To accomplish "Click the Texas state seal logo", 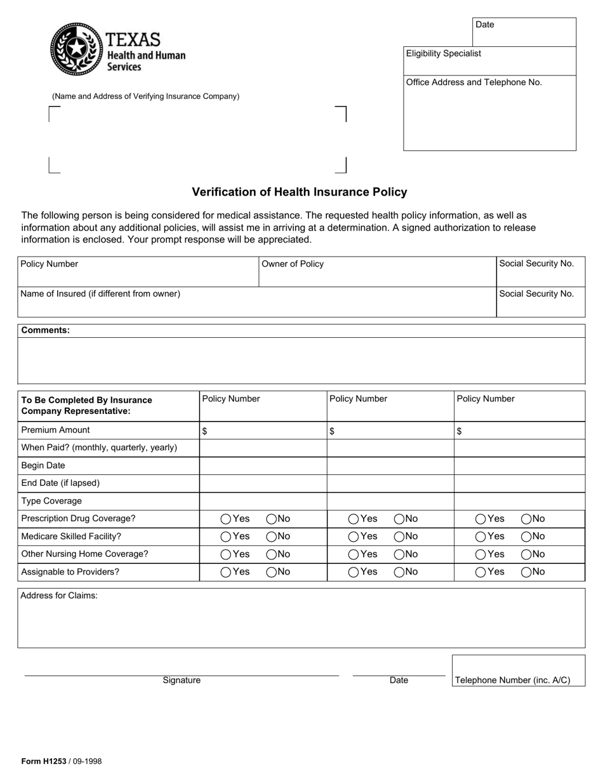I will pos(76,49).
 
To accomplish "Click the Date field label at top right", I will pos(484,25).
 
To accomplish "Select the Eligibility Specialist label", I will pos(443,53).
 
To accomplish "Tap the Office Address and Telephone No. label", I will pos(474,83).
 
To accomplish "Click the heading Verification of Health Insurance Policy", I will pos(300,192).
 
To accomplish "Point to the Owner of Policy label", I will pos(293,264).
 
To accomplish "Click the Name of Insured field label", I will pos(100,294).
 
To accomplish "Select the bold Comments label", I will pos(45,330).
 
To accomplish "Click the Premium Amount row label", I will pos(56,430).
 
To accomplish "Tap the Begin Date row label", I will pos(43,465).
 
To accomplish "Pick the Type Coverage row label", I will pos(51,501).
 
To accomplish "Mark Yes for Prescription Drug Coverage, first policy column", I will pos(226,519).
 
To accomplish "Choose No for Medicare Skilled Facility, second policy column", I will pos(399,537).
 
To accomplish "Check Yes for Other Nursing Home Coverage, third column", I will pos(481,554).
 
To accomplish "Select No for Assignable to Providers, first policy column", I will pos(271,572).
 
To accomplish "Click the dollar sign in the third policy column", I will pos(460,431).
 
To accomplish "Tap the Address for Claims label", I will pos(59,596).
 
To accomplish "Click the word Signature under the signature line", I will pos(182,680).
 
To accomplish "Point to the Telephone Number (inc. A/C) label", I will pos(512,680).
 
